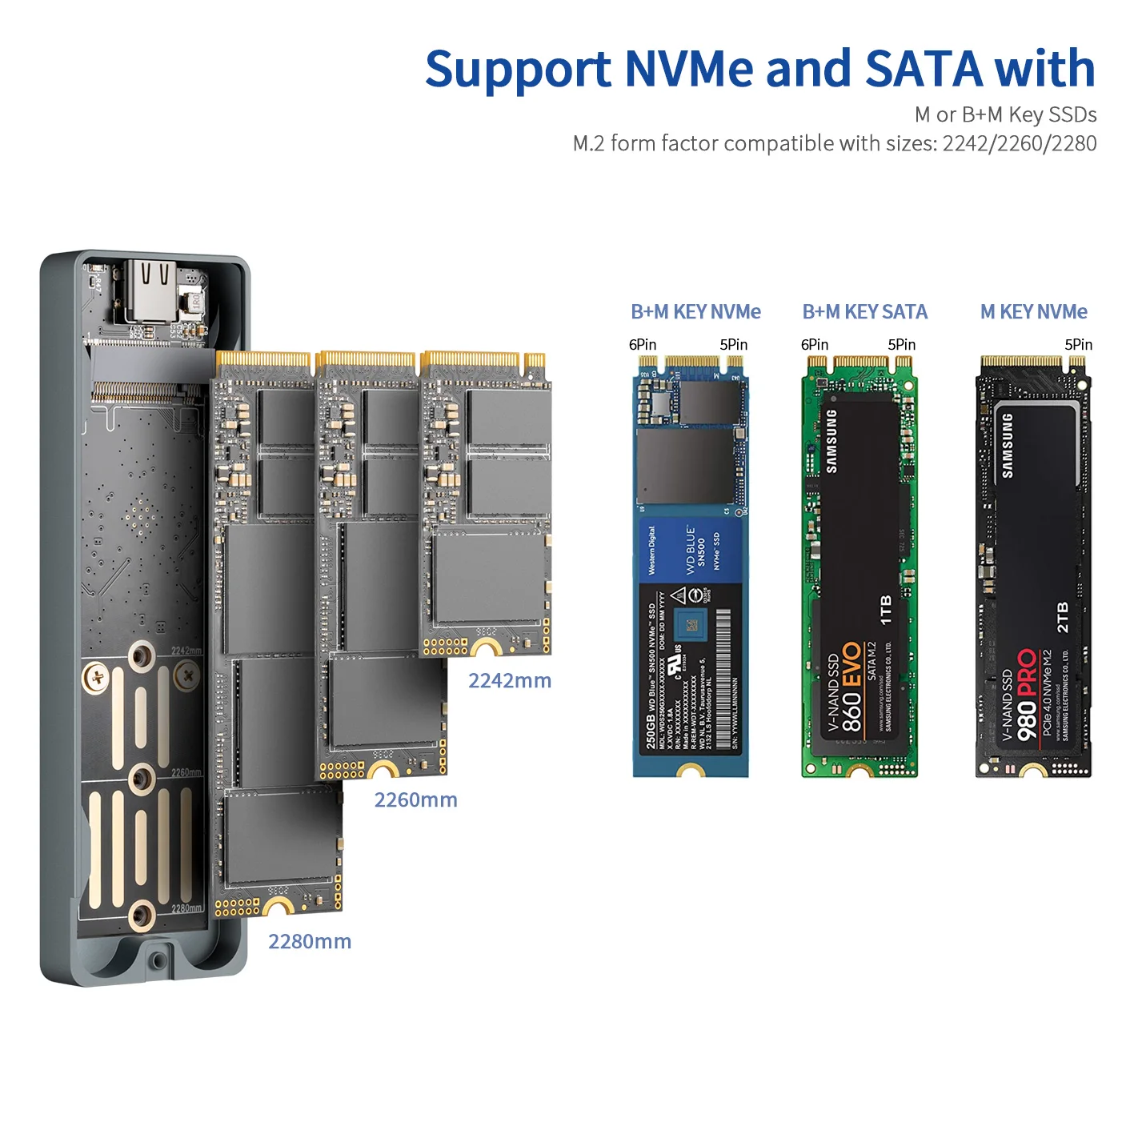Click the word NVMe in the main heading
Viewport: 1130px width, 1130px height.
coord(688,69)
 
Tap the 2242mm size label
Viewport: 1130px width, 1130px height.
coord(510,681)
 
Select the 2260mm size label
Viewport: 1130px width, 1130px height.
coord(415,800)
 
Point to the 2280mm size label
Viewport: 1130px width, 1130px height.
coord(310,942)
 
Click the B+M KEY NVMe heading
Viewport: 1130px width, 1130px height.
coord(695,312)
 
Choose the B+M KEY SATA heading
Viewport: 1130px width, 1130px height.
coord(864,312)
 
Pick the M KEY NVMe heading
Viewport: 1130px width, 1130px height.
coord(1033,312)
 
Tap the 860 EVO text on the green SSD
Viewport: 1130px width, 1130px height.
coord(852,688)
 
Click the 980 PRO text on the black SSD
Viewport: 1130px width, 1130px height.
coord(1027,695)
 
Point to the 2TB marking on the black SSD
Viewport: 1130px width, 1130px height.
coord(1063,618)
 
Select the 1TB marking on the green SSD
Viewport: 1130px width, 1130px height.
coord(886,610)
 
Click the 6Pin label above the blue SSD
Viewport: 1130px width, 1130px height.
coord(642,345)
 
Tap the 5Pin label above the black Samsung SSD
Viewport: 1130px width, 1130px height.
coord(1078,345)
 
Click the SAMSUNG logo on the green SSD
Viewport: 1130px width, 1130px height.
coord(832,441)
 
